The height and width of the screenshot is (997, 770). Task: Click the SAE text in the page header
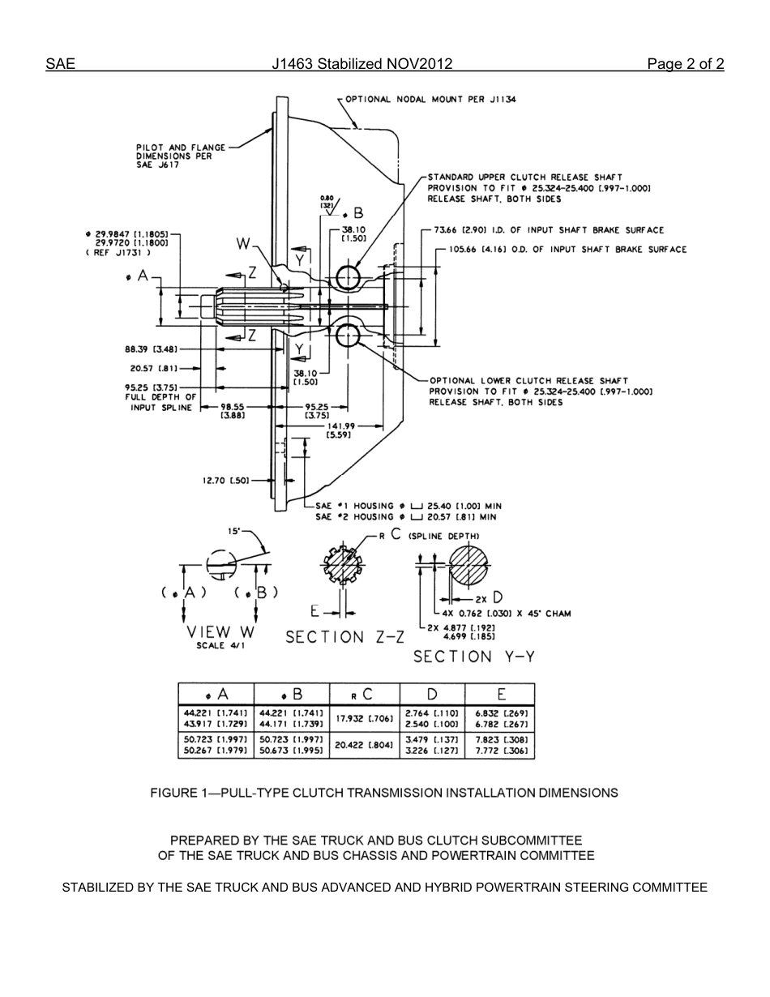tap(60, 65)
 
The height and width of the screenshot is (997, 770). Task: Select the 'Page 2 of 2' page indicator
tap(685, 65)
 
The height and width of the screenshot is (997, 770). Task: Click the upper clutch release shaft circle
tap(348, 277)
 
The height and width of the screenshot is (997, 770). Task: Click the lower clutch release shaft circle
tap(348, 334)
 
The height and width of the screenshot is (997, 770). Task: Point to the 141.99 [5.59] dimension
tap(340, 430)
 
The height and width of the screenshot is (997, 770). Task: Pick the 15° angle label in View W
tap(234, 532)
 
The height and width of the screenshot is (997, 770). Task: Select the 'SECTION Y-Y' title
tap(474, 657)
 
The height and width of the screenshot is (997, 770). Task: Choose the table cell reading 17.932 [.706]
tap(365, 718)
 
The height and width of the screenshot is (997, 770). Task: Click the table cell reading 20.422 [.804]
tap(365, 746)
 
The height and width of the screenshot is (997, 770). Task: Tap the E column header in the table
tap(501, 694)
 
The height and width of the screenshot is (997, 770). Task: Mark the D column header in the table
tap(433, 694)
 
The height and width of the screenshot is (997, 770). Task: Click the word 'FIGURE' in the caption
tap(173, 793)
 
